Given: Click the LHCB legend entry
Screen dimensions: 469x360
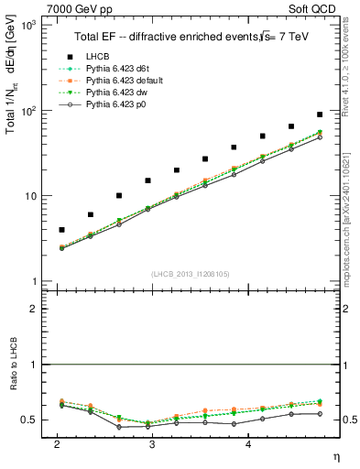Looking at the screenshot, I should click(x=102, y=57).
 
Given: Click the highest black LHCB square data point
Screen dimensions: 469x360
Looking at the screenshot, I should click(x=319, y=115).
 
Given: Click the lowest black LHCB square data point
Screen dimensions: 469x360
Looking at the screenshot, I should click(x=61, y=230).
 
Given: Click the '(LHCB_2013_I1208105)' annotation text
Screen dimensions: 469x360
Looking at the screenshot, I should click(x=190, y=274).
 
